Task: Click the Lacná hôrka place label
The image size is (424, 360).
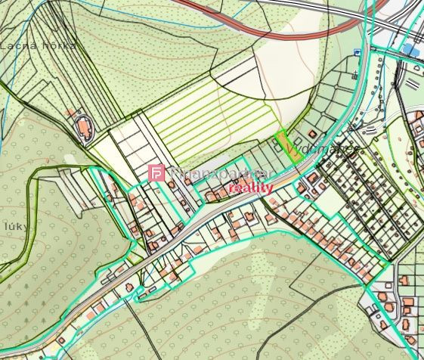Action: click(x=38, y=45)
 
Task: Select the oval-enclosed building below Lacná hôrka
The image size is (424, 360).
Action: click(x=82, y=129)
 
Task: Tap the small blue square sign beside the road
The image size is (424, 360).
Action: click(x=356, y=53)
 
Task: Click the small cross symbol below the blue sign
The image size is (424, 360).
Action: click(x=354, y=73)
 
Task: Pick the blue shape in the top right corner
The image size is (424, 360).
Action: click(x=410, y=50)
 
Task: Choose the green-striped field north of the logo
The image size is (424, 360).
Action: click(x=212, y=121)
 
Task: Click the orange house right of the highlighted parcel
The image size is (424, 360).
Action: click(x=311, y=177)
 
